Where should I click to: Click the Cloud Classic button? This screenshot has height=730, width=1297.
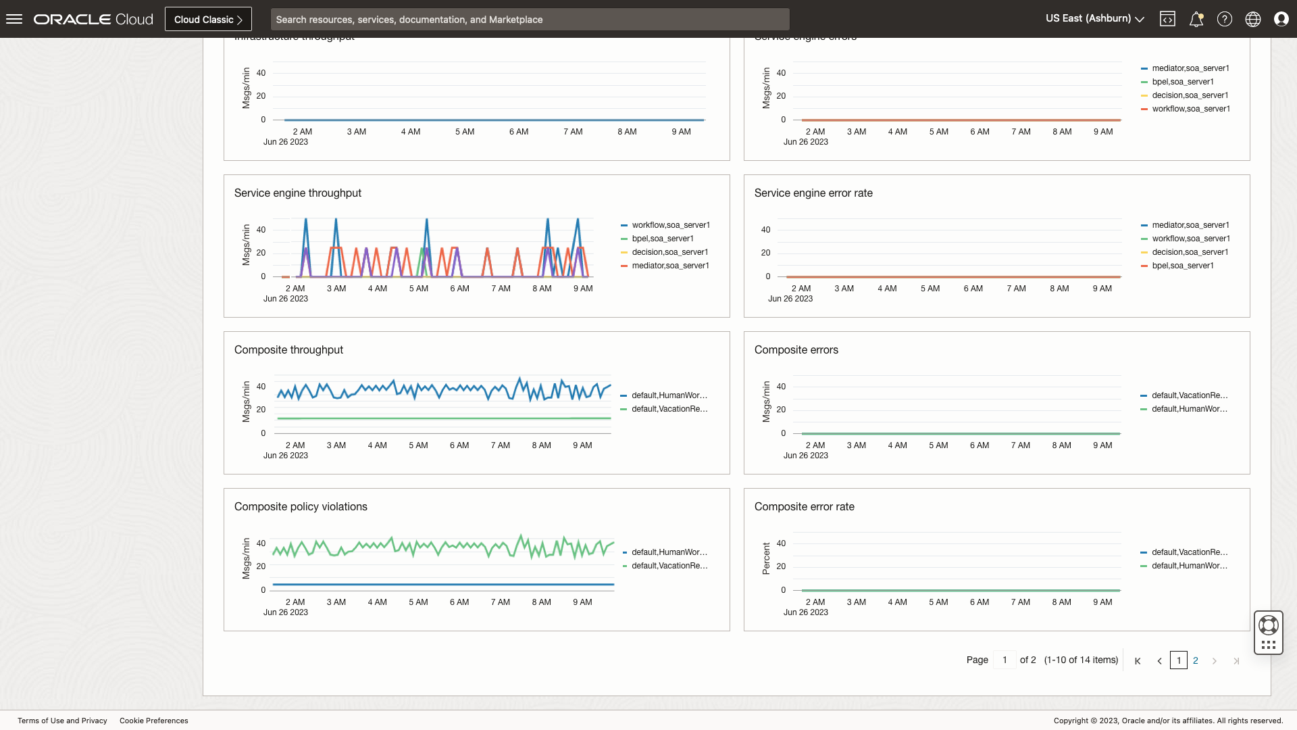208,19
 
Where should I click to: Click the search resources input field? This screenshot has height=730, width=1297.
530,19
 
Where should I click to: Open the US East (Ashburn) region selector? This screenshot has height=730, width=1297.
1094,19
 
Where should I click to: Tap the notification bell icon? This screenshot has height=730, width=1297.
1196,19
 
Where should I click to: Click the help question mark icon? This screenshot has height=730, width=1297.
1224,19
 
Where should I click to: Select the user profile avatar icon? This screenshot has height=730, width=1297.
1281,19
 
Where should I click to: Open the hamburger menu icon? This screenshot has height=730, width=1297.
14,19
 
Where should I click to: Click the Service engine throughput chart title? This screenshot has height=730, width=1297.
297,193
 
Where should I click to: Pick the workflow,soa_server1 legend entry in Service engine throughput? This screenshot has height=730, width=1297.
670,225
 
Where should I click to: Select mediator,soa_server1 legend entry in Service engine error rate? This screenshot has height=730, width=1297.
1190,225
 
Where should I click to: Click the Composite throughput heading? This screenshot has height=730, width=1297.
288,350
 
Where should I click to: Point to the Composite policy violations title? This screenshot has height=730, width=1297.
301,507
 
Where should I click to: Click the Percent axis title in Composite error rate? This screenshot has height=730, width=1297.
766,558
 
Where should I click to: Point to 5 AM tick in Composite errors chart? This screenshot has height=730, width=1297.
938,445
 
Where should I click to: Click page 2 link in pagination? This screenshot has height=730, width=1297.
1196,660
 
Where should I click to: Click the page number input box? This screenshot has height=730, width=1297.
1004,660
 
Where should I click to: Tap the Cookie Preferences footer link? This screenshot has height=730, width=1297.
154,721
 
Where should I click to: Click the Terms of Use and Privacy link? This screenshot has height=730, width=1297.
62,721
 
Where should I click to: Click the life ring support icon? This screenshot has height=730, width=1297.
1269,625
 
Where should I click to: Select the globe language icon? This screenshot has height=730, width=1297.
1252,19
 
